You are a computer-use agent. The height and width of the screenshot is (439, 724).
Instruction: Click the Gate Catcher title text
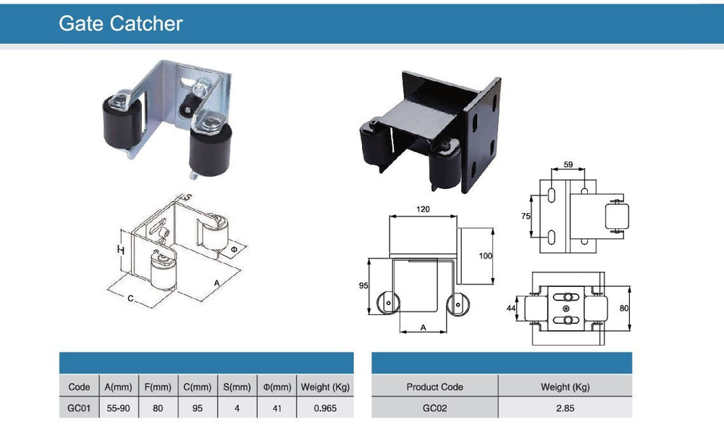pos(120,23)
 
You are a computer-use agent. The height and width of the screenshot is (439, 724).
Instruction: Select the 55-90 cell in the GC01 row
pos(117,408)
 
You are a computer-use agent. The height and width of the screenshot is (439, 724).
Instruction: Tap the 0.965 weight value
pos(325,408)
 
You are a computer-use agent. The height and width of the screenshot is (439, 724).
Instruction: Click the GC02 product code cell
pos(434,408)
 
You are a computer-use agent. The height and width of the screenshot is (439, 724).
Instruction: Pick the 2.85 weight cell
pos(565,408)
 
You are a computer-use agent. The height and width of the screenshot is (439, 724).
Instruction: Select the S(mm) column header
pos(236,387)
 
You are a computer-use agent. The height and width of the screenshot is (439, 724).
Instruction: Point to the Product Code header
pos(434,387)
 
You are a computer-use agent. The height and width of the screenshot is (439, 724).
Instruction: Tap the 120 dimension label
pos(423,209)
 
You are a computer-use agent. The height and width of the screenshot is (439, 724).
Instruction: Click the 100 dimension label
pos(485,256)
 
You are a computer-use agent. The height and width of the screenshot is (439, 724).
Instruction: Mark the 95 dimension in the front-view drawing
pos(364,285)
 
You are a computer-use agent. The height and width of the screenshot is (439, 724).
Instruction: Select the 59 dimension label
pos(568,165)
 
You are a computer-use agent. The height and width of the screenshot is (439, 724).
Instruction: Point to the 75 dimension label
pos(526,216)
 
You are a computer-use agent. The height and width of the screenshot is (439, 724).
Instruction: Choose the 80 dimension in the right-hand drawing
pos(624,308)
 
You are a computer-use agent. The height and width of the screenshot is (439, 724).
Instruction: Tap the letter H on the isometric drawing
pos(122,249)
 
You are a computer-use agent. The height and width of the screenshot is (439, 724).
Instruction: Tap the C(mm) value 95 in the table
pos(197,408)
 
